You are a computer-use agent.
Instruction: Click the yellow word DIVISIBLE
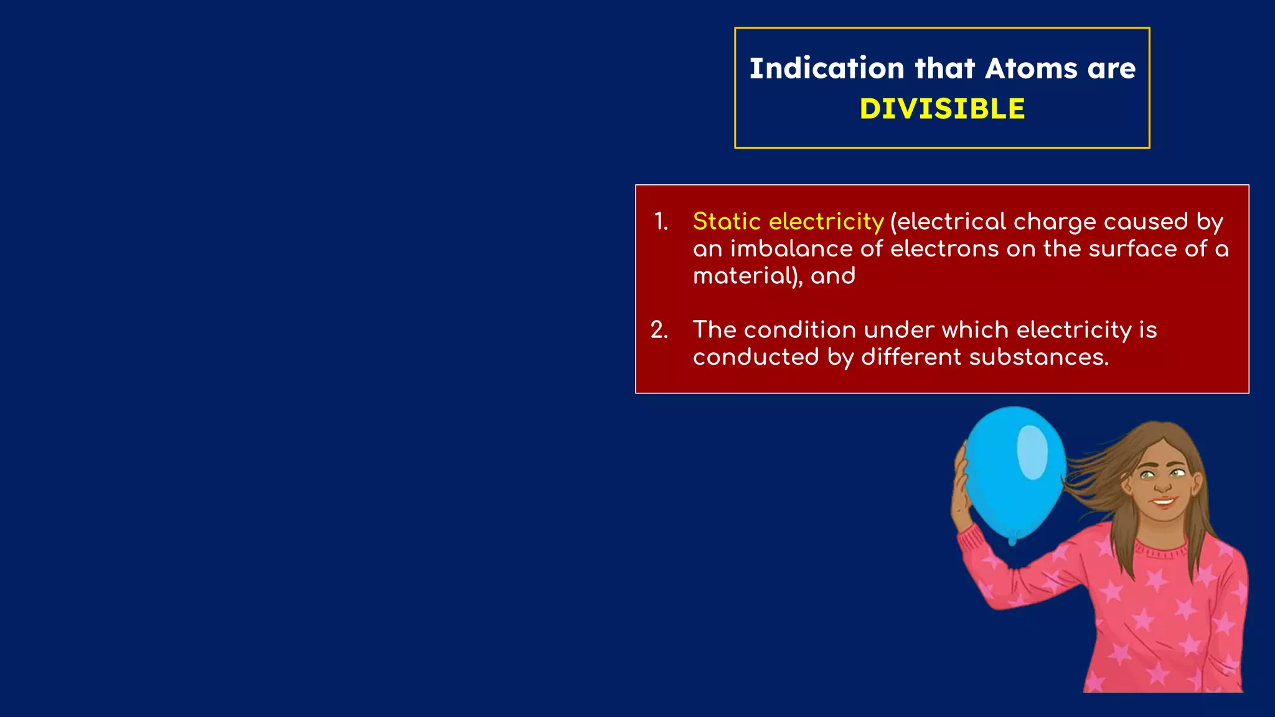point(942,109)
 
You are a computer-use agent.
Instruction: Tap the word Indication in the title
point(827,68)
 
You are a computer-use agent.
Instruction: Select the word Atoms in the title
point(1031,68)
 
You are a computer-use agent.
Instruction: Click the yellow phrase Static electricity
point(788,222)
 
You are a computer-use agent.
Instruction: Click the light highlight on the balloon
point(1032,452)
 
